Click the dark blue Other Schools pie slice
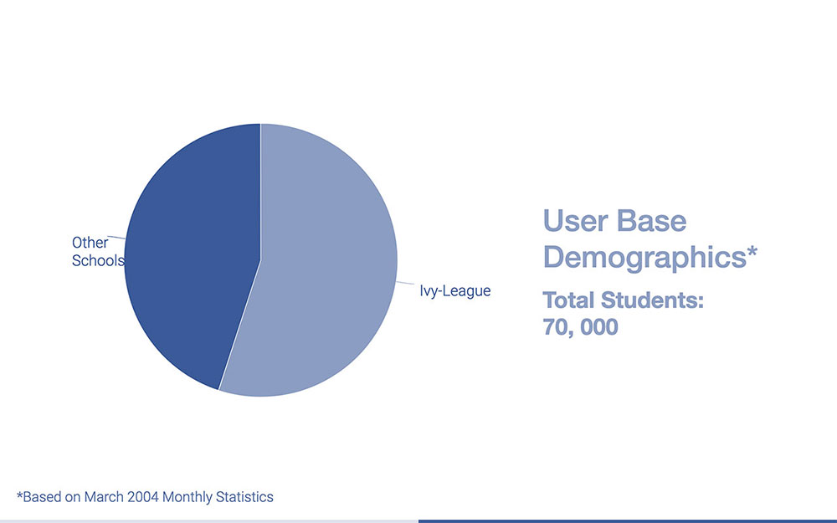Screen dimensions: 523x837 click(193, 251)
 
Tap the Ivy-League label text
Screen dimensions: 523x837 click(455, 291)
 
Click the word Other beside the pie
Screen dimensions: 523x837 click(90, 243)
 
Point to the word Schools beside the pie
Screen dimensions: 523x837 click(98, 260)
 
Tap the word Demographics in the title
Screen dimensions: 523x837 click(640, 258)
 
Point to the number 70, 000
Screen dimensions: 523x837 click(581, 326)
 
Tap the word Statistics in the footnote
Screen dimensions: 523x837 click(242, 497)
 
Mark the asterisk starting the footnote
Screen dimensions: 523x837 click(19, 495)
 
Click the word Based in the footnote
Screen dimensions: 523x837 click(40, 497)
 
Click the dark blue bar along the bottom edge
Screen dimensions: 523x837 click(628, 520)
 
